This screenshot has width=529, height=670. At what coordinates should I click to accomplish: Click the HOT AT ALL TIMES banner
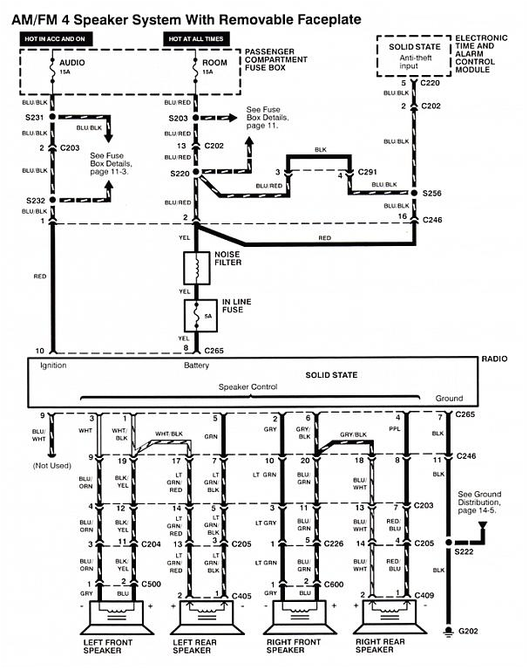tap(196, 39)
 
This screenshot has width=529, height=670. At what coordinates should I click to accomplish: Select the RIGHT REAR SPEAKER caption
tap(380, 646)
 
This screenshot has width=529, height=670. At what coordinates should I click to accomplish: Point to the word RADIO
tap(496, 359)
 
